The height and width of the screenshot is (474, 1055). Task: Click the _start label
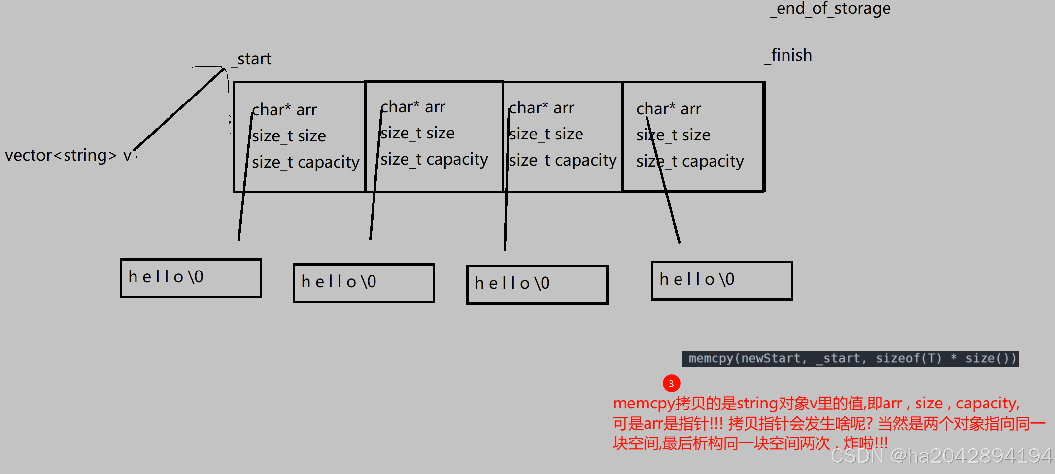pos(251,59)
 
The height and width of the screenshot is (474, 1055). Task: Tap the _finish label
pos(788,55)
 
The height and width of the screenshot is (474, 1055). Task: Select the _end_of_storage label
pos(831,9)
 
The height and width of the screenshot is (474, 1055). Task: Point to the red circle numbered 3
pos(671,383)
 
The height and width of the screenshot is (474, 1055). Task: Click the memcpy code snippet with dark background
pos(850,358)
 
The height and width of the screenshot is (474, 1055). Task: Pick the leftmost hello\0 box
pos(191,278)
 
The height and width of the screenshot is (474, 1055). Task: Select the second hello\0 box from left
pos(364,283)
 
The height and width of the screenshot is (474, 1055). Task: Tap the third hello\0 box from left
pos(537,284)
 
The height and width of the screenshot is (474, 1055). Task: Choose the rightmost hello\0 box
pos(722,280)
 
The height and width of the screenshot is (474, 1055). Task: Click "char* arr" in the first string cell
pos(284,110)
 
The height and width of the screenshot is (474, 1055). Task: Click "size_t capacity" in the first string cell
pos(306,162)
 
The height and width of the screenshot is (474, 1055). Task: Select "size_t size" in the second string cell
pos(417,133)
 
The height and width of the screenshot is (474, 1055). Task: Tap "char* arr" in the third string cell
pos(542,108)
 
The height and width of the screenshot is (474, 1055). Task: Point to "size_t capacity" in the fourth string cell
pos(690,161)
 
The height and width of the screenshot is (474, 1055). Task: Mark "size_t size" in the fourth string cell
pos(673,135)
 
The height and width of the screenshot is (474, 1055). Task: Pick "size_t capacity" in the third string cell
pos(563,160)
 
